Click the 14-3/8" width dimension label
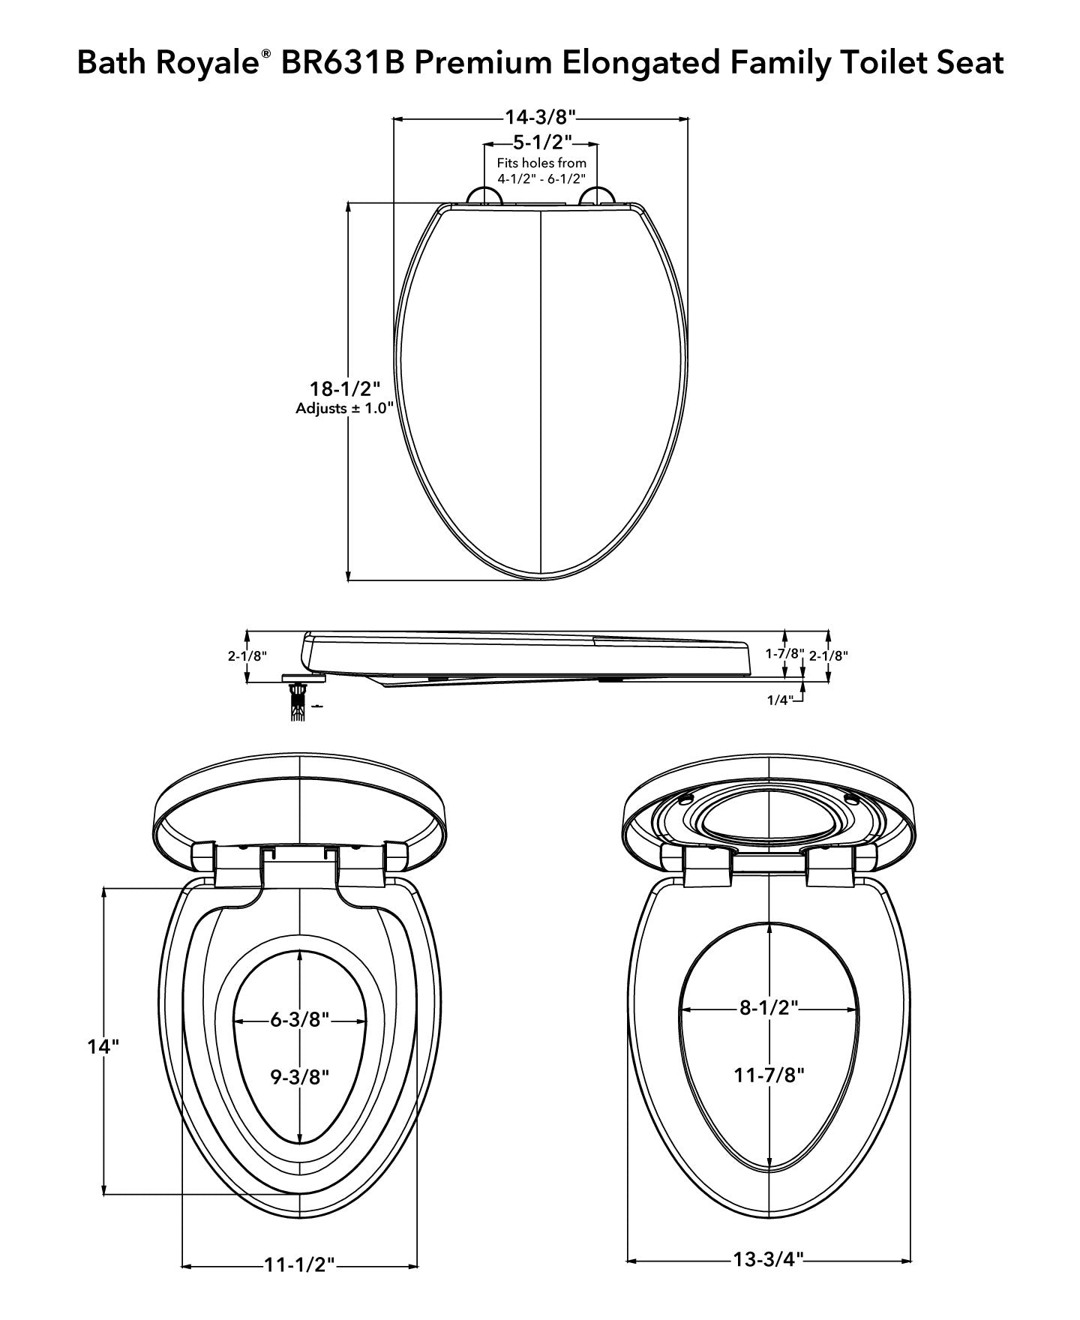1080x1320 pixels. click(540, 118)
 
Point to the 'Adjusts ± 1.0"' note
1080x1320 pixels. click(344, 409)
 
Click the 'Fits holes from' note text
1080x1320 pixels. click(541, 163)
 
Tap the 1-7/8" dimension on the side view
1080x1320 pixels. click(784, 654)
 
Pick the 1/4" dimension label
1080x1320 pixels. click(779, 700)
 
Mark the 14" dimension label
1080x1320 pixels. click(103, 1046)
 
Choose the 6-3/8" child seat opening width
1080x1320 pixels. click(300, 1020)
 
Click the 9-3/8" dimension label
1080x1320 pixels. click(300, 1077)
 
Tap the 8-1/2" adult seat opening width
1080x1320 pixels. click(769, 1007)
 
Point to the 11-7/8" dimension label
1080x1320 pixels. click(769, 1075)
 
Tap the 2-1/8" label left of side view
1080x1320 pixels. click(247, 655)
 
